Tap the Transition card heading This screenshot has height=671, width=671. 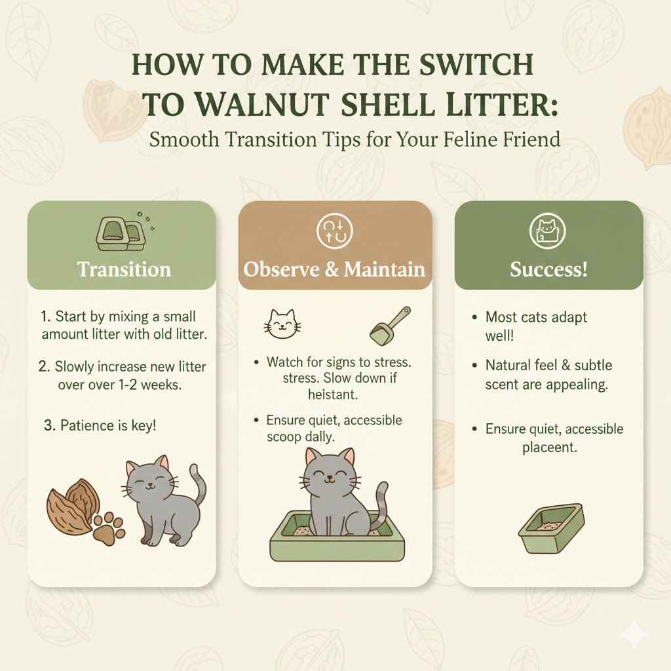(x=124, y=269)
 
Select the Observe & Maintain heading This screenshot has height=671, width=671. (x=334, y=269)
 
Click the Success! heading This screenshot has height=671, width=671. (x=548, y=269)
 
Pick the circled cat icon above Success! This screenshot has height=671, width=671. (x=547, y=233)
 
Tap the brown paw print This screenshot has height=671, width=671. (x=109, y=529)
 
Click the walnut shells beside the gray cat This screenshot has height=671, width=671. (x=72, y=505)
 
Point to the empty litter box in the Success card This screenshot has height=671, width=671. (x=550, y=528)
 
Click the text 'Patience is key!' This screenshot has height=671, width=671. (x=108, y=425)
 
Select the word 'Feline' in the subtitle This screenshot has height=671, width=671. (x=463, y=140)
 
